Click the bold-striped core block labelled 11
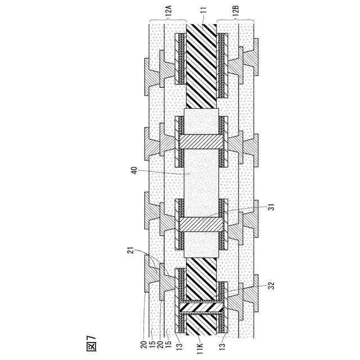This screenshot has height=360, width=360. (201, 67)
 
